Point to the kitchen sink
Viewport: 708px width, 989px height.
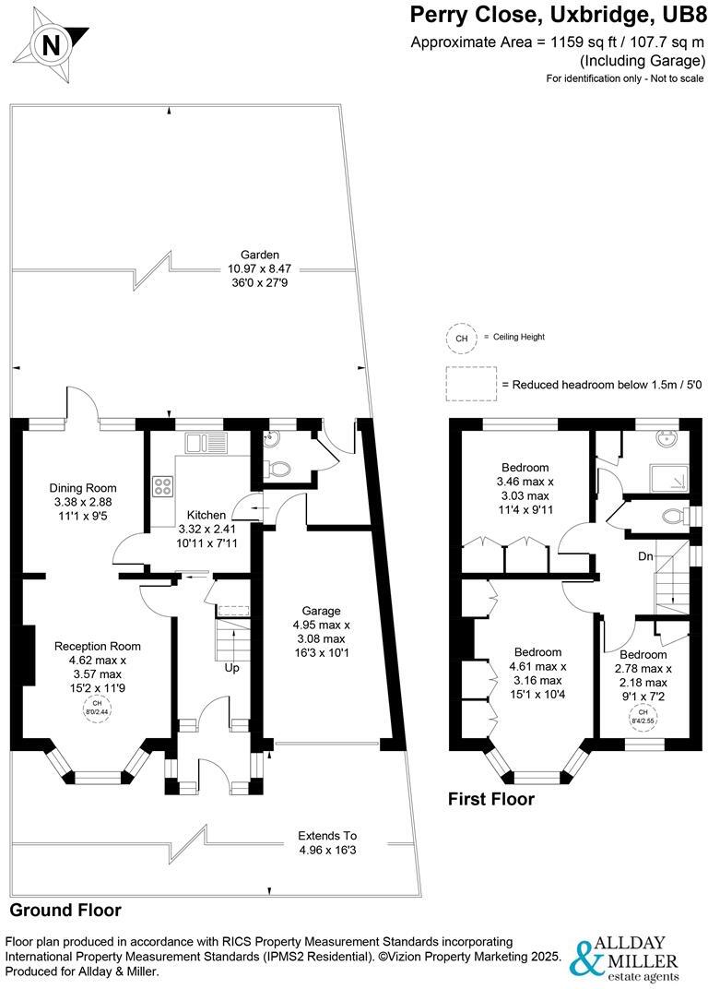[x=206, y=443]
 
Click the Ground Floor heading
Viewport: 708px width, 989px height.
[x=65, y=911]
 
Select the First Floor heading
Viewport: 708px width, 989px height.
[x=491, y=799]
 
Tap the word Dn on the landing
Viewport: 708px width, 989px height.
[x=647, y=557]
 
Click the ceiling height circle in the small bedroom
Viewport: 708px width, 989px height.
[x=643, y=714]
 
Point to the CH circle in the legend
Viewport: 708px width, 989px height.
[x=460, y=339]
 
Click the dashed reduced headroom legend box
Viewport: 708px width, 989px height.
[x=470, y=384]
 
